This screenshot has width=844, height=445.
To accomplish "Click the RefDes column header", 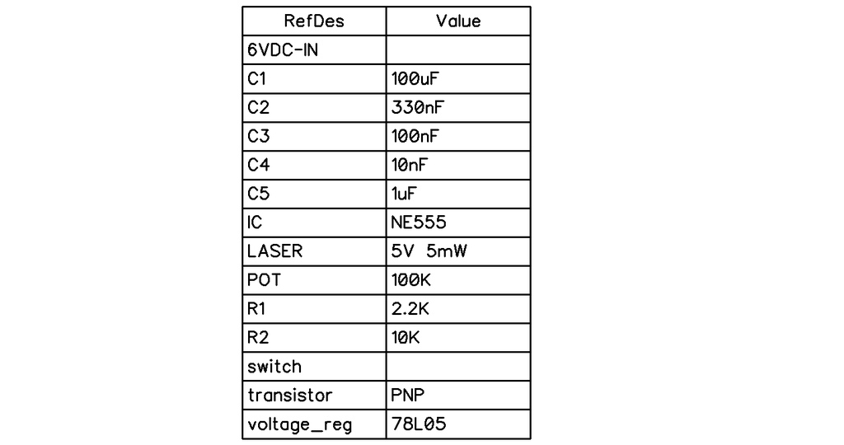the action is (x=314, y=21).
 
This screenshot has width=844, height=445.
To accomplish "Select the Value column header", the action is (x=458, y=21).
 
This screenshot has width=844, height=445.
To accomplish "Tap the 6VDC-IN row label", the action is (x=283, y=50).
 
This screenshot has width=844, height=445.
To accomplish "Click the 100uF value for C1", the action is (x=415, y=78).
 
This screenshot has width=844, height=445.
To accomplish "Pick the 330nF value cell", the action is (x=417, y=108).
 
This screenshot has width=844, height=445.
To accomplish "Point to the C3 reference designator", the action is (x=258, y=136).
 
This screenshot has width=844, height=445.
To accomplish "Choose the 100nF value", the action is (x=415, y=136).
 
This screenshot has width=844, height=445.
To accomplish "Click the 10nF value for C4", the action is (x=409, y=165).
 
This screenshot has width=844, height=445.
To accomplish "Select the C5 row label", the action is (x=258, y=194).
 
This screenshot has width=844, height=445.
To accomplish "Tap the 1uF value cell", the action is (x=403, y=194).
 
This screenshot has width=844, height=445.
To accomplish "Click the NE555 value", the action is (x=419, y=222).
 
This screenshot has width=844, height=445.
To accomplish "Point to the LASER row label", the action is (x=274, y=251).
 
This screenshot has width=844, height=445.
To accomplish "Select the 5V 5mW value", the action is (x=429, y=251).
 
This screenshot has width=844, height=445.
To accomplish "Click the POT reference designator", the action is (x=264, y=280).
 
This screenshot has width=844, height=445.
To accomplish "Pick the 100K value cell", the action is (x=411, y=280).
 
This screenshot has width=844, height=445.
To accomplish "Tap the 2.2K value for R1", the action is (x=410, y=309).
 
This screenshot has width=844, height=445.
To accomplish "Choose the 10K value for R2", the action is (x=406, y=337).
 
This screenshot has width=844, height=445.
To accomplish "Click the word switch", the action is (x=274, y=367).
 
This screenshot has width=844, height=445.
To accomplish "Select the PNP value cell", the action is (x=407, y=395).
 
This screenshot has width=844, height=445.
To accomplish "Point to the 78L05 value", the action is (x=419, y=424).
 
